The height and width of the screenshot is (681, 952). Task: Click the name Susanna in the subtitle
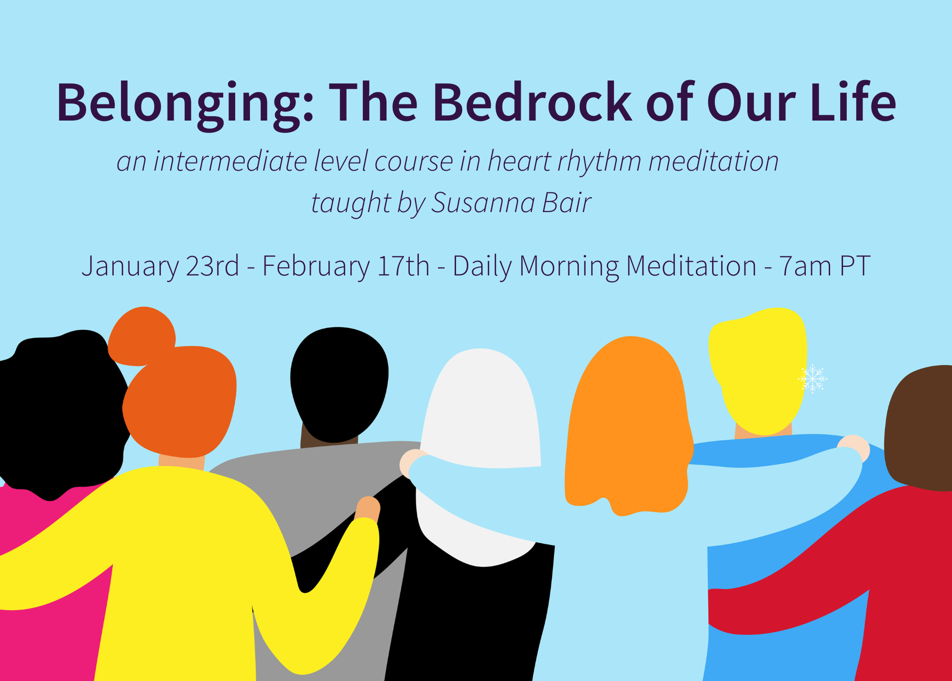(x=483, y=202)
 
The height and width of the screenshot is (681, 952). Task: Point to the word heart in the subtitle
(x=519, y=161)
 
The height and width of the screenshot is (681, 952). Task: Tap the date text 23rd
(x=212, y=265)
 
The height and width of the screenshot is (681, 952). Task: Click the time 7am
(x=805, y=266)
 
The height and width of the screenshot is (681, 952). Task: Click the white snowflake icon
(x=813, y=379)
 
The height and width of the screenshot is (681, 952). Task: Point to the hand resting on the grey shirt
(x=367, y=509)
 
